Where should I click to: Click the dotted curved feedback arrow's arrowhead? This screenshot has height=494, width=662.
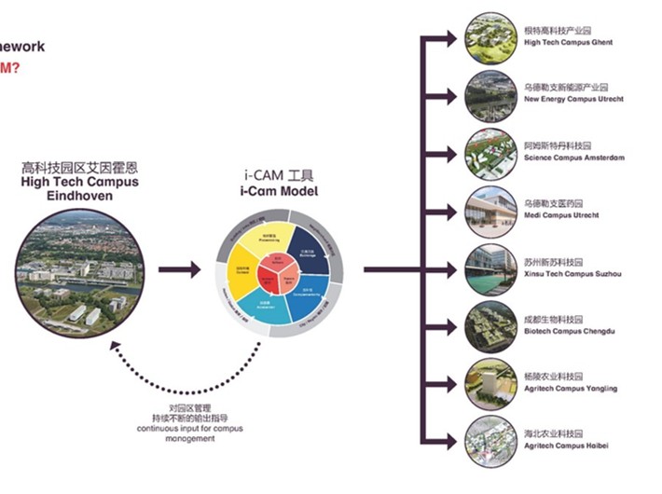[114, 345]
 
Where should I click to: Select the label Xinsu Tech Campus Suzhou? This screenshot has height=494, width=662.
[572, 274]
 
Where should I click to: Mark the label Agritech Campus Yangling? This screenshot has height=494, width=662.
[571, 389]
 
